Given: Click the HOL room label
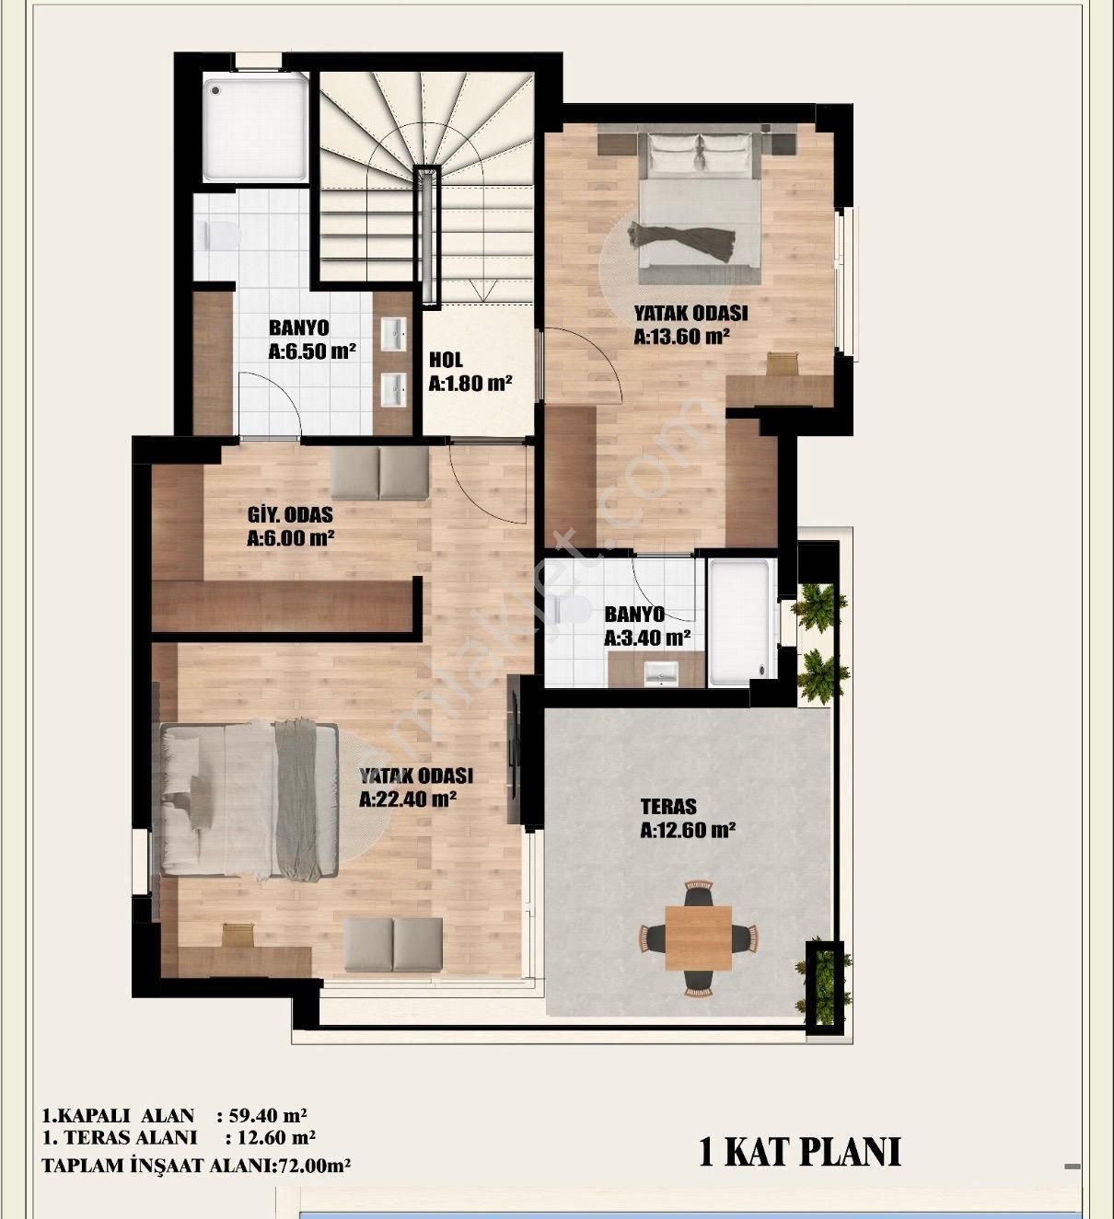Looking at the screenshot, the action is tap(446, 360).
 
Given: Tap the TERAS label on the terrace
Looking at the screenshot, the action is tap(668, 807).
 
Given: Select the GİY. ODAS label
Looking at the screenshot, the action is tap(290, 514).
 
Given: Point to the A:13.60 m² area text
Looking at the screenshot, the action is tap(681, 336).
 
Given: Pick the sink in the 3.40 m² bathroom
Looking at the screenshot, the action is tap(661, 673).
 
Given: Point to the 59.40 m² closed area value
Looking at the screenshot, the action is tap(267, 1115).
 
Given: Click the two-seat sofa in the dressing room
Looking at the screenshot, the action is tap(379, 474).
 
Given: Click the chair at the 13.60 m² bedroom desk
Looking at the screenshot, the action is tap(781, 364).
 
